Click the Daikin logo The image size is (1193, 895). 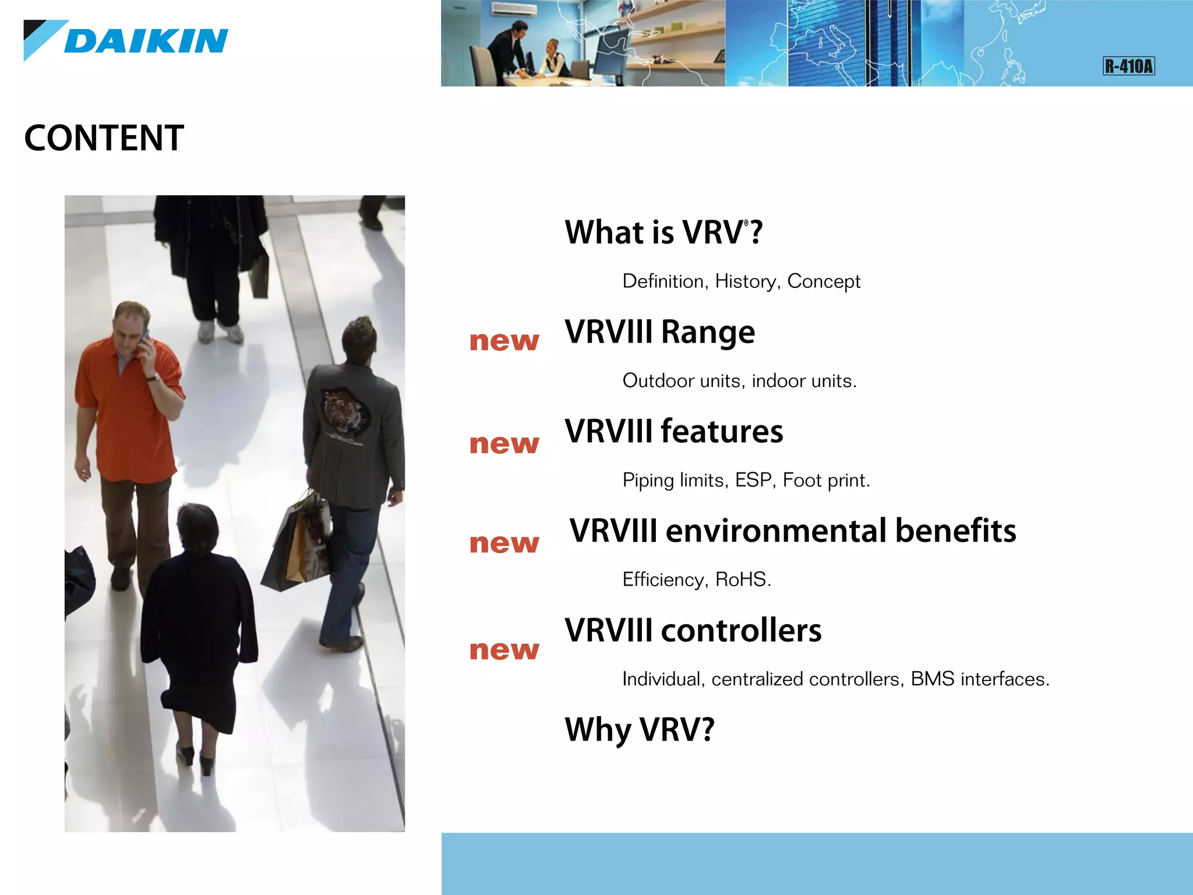(x=126, y=41)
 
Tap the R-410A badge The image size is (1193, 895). (x=1128, y=66)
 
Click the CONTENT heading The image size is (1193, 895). (x=104, y=138)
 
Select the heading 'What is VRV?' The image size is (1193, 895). (x=663, y=232)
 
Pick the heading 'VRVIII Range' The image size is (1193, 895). (x=659, y=332)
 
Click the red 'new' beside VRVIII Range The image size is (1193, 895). (x=504, y=341)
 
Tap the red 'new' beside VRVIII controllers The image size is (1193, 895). (x=504, y=650)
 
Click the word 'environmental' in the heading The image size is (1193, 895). (x=777, y=531)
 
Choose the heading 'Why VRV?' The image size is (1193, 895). (x=640, y=730)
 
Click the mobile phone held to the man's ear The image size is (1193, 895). (x=146, y=336)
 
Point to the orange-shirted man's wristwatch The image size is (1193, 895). (x=153, y=378)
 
